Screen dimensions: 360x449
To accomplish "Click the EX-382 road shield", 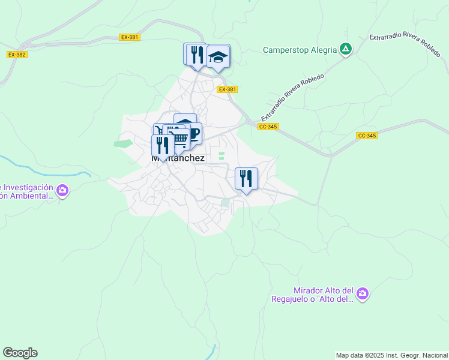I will pos(17,55).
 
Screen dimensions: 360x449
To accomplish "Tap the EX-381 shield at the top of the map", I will pos(129,37).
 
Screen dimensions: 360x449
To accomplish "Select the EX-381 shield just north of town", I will pos(228,89).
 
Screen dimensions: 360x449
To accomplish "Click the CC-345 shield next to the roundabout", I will pos(267,127).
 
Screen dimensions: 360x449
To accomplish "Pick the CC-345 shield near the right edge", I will pos(367,136).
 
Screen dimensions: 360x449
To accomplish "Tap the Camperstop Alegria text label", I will pos(300,50).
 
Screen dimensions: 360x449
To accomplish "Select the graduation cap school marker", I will pos(218,57).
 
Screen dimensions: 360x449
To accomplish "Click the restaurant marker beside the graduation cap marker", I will pos(196,55).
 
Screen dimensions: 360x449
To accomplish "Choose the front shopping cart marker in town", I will pos(178,137).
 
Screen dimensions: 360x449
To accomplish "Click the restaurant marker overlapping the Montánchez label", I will pos(162,145).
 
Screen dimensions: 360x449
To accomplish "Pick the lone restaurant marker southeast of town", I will pos(246,178).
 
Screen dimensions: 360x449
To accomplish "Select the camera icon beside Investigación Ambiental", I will pos(62,191).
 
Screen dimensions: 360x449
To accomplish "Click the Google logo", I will pos(20,353).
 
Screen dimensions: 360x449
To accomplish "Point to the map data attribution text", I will pos(391,355).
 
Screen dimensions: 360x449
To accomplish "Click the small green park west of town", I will pos(123,144).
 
